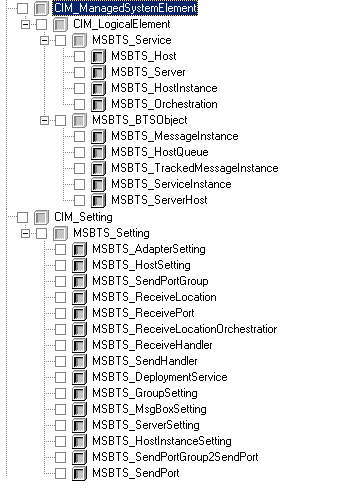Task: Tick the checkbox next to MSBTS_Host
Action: click(x=79, y=56)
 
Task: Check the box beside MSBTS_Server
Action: click(x=79, y=72)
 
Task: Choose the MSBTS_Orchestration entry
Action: click(x=164, y=104)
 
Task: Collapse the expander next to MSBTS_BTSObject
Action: click(x=44, y=120)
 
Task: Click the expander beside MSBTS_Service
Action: click(x=44, y=40)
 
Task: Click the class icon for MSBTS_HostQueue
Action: click(x=98, y=152)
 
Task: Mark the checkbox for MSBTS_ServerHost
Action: click(x=79, y=200)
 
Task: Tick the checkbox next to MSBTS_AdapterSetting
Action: click(x=60, y=249)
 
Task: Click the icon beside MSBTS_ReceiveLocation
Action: click(x=79, y=297)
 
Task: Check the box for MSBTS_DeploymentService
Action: click(x=60, y=377)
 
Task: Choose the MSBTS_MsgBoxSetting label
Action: click(x=149, y=409)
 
